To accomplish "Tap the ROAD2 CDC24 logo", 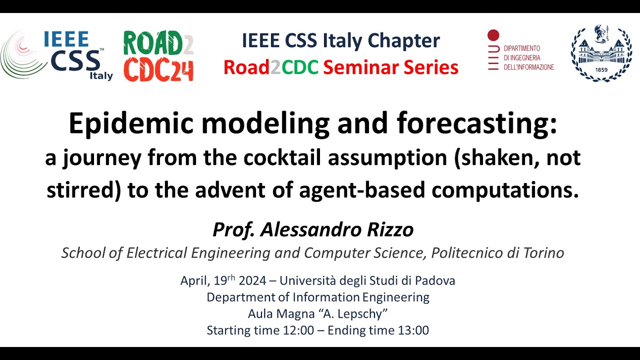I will coord(158,56).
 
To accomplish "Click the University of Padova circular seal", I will coord(601,53).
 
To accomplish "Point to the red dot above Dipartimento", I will coord(493,35).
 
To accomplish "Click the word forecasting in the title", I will coord(476,124).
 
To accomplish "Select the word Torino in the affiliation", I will coord(540,253).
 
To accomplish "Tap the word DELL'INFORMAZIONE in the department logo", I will coord(528,67).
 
